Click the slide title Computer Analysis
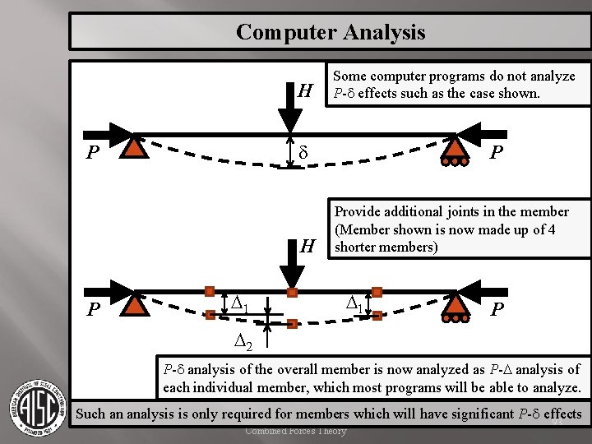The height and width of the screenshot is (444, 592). click(x=331, y=32)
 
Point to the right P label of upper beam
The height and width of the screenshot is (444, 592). click(x=496, y=153)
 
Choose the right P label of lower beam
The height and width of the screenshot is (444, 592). click(x=496, y=310)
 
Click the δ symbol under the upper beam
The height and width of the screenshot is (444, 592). click(x=303, y=154)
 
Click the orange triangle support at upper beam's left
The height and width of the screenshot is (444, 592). click(x=134, y=145)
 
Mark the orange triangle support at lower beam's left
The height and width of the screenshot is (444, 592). click(x=134, y=305)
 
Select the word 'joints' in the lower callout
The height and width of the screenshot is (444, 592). click(x=479, y=211)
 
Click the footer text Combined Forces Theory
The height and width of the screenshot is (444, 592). click(x=296, y=432)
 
